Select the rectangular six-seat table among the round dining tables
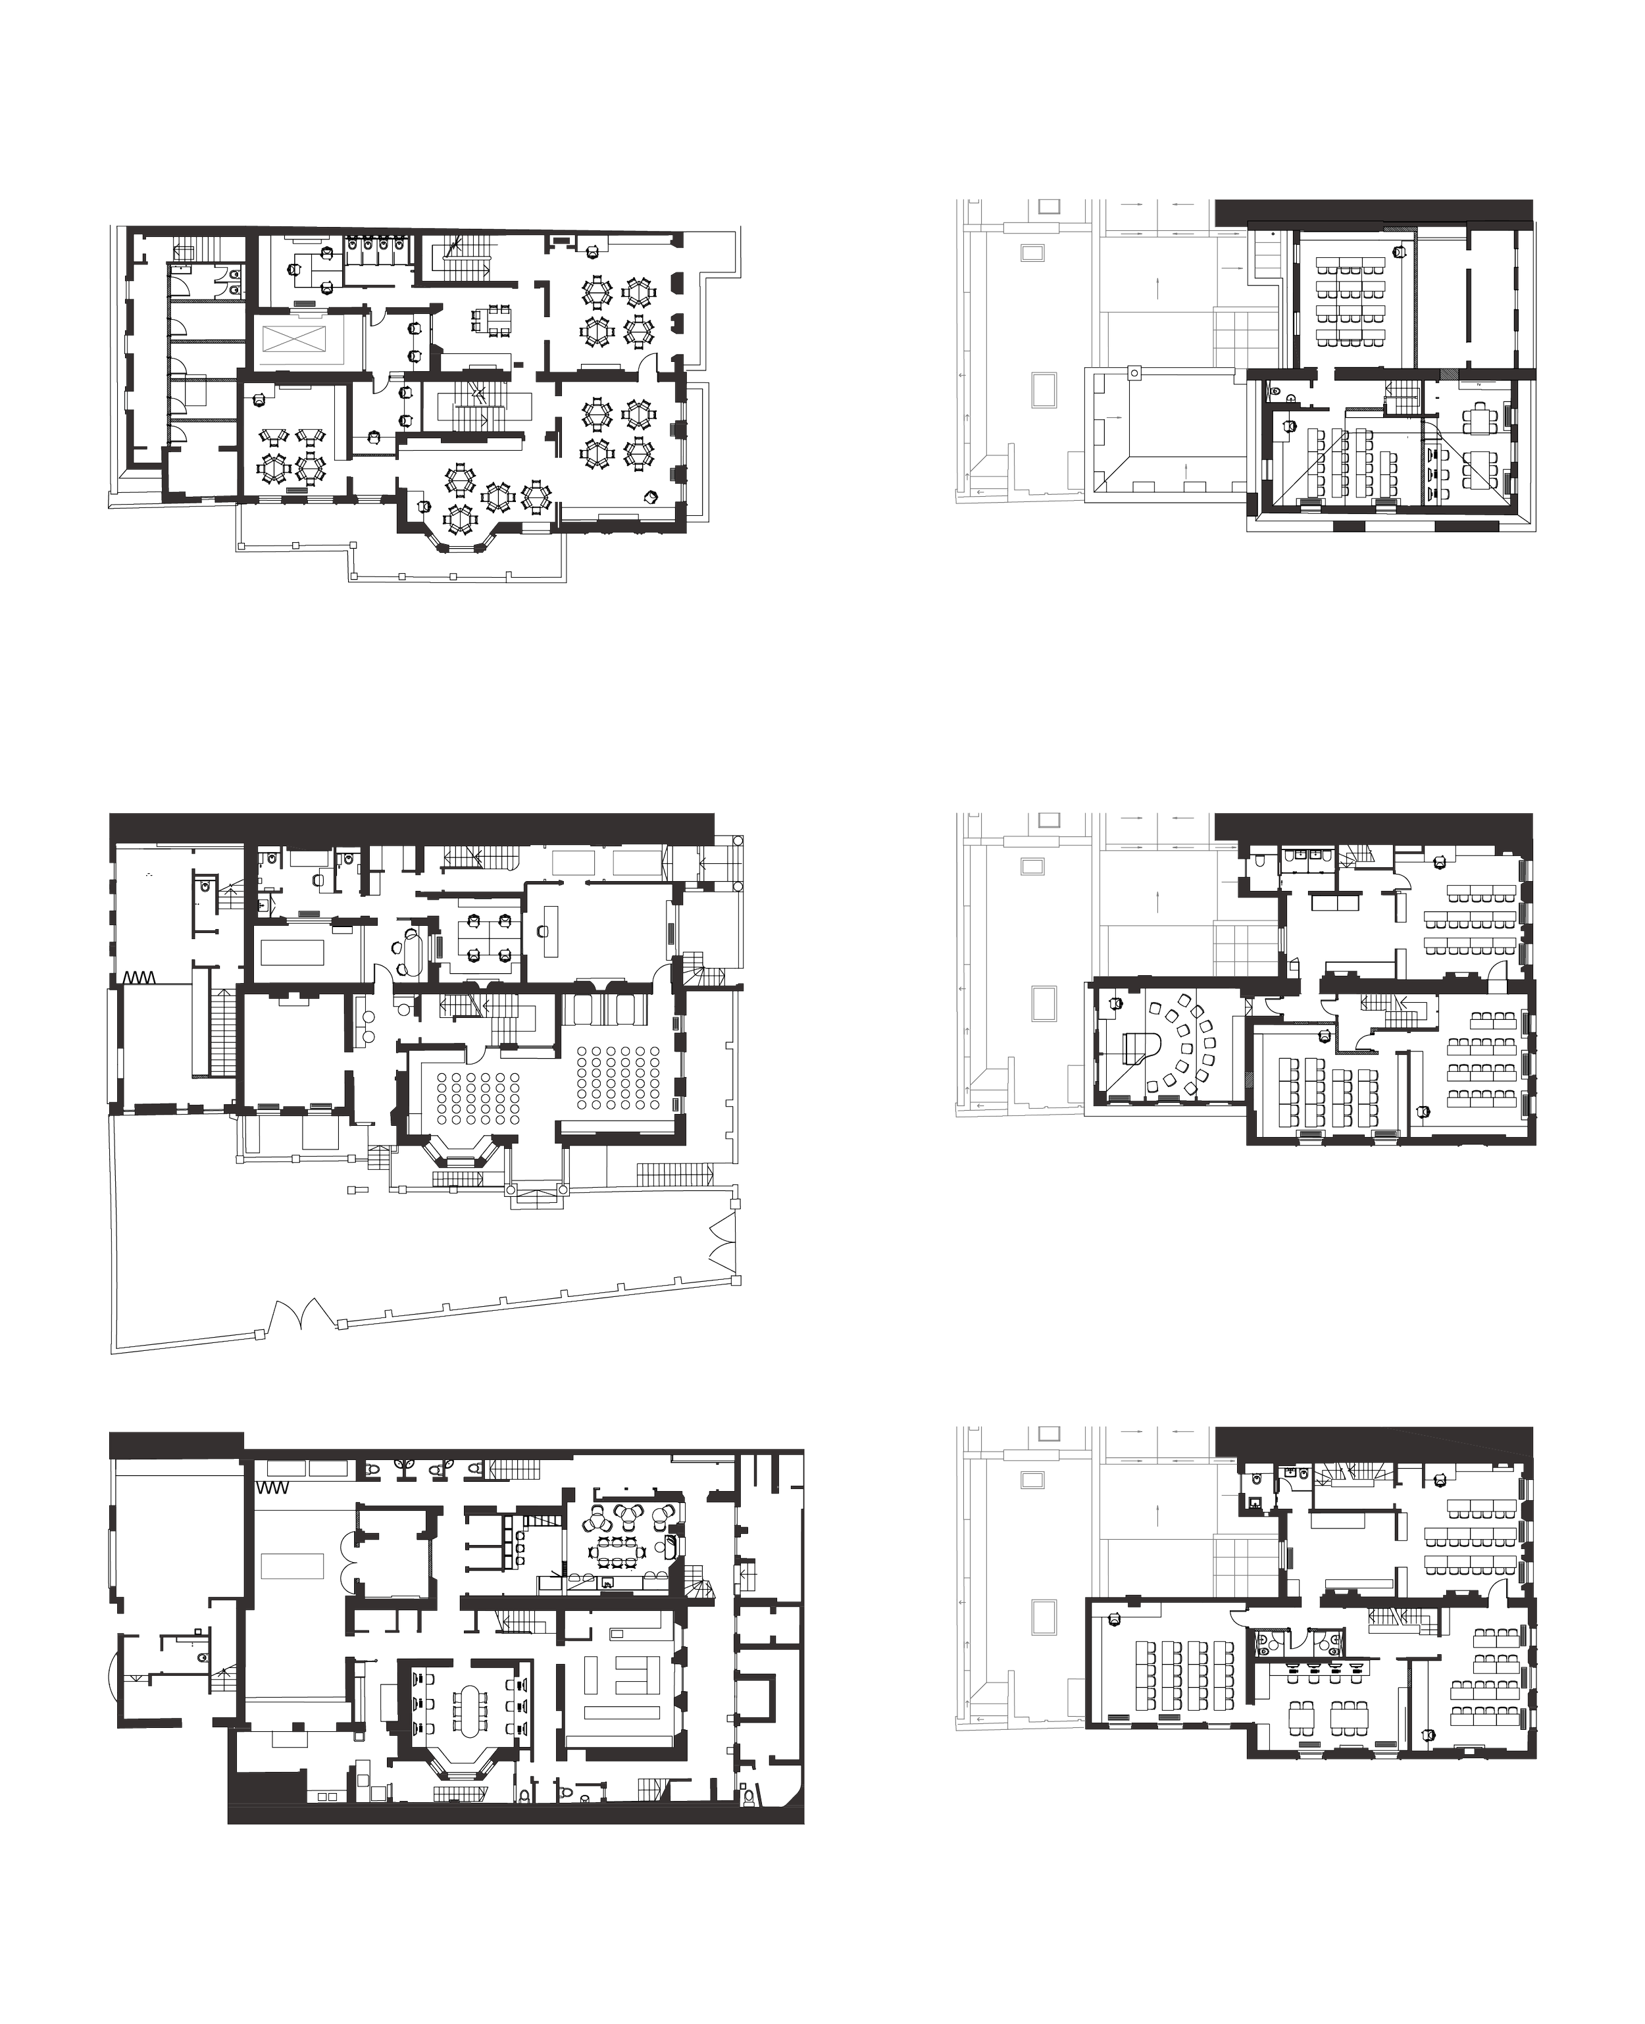[x=493, y=317]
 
